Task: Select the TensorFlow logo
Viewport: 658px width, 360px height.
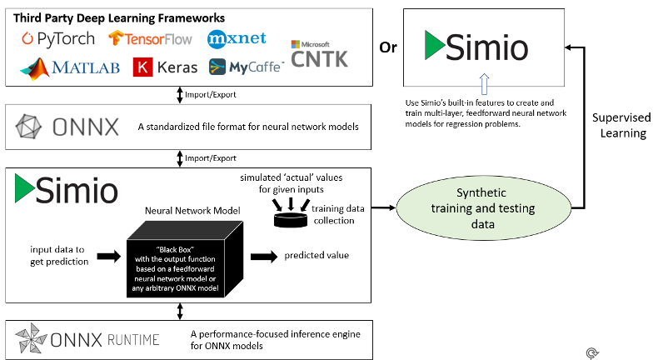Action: pos(150,38)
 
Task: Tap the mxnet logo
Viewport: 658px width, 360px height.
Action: pos(236,38)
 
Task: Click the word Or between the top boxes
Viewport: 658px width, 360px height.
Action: pos(388,47)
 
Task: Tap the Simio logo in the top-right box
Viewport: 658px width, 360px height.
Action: pos(476,47)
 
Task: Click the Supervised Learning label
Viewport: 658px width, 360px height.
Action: pos(623,127)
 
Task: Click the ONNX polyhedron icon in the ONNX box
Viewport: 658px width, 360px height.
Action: pos(31,127)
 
